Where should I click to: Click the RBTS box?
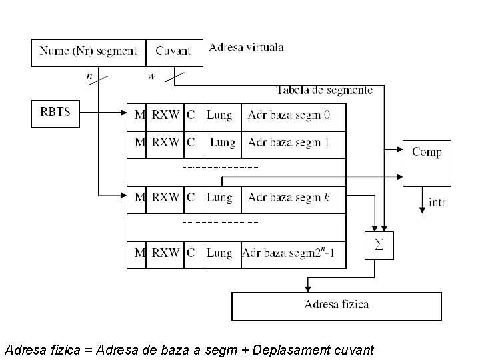(55, 113)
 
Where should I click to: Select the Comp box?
(427, 162)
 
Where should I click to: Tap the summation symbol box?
(379, 245)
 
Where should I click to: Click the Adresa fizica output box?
(336, 306)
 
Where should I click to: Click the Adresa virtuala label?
(246, 47)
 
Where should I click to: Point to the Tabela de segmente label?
(324, 90)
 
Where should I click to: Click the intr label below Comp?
(438, 203)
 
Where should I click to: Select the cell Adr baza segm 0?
(293, 115)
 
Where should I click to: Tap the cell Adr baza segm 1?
(293, 143)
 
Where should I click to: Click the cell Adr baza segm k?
(293, 198)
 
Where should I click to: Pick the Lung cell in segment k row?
(219, 198)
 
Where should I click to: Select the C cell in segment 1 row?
(191, 143)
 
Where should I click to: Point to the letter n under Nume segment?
(89, 76)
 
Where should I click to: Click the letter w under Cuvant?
(151, 76)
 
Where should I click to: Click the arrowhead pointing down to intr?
(422, 209)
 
